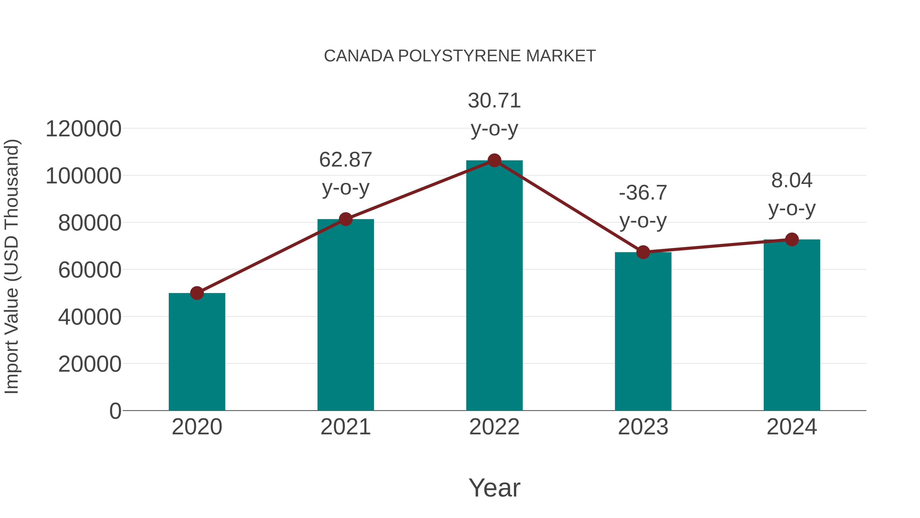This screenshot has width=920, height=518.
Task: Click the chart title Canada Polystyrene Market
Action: (460, 56)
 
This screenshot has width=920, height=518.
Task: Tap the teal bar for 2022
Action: (494, 286)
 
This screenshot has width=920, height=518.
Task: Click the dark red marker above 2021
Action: (346, 219)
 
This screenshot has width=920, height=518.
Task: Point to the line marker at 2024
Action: (792, 239)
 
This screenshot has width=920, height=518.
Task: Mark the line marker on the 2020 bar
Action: (197, 293)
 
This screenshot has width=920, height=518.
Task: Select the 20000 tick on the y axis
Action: (90, 364)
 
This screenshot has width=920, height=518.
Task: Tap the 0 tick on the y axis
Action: (115, 411)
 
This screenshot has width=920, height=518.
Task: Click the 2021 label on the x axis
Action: (346, 427)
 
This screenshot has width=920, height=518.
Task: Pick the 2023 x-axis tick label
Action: (643, 427)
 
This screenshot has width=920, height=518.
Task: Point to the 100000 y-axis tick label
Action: (84, 176)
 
